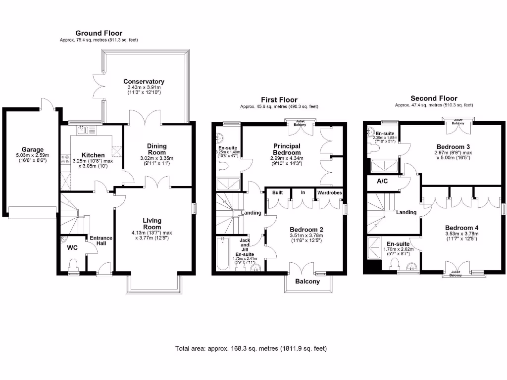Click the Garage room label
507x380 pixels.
(x=33, y=149)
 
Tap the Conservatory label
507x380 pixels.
(x=144, y=82)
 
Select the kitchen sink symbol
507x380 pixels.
(x=82, y=131)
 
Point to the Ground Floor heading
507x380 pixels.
(x=99, y=33)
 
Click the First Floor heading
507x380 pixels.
(x=279, y=100)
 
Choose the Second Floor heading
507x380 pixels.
(x=434, y=98)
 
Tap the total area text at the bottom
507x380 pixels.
(x=251, y=348)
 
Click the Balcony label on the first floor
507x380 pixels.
(x=307, y=282)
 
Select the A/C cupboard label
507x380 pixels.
(x=382, y=181)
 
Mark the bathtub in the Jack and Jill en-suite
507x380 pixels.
(x=223, y=254)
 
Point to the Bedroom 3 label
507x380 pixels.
(x=453, y=146)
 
